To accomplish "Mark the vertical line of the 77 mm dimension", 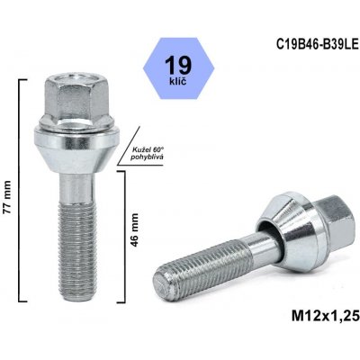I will click(x=21, y=179).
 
